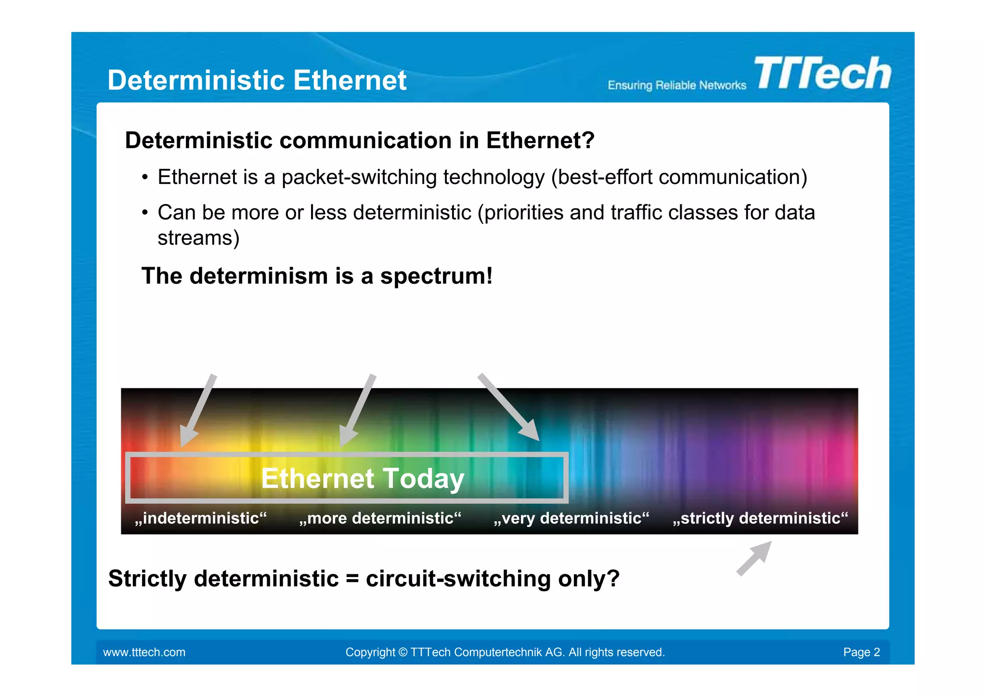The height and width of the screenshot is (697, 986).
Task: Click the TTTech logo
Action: tap(822, 73)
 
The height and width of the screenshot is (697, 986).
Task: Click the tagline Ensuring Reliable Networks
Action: tap(676, 86)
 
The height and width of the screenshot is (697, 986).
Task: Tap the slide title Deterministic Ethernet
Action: tap(257, 80)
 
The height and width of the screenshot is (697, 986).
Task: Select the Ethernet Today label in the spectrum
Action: tap(363, 478)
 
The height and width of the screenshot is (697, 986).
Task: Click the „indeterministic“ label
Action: tap(200, 518)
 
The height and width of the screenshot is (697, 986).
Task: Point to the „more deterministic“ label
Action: tap(380, 518)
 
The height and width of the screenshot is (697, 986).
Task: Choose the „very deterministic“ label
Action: tap(571, 518)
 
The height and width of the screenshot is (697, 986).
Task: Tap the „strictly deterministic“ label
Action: tap(760, 518)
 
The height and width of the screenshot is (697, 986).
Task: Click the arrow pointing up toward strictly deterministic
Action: tap(754, 558)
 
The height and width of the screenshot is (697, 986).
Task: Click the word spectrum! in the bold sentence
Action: tap(436, 276)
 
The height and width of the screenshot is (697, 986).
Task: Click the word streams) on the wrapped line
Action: tap(198, 238)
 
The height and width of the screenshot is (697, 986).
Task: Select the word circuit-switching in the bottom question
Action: tap(458, 579)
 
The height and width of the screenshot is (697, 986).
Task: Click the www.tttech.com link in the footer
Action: tap(144, 652)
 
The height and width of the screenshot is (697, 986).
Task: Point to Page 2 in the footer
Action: tap(861, 652)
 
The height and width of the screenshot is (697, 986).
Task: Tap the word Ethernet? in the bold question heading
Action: tap(540, 141)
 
